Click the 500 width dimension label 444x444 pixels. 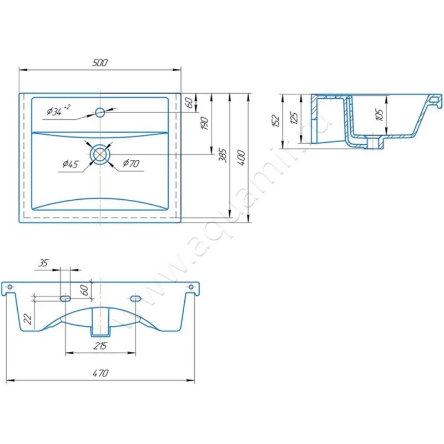pos(100,63)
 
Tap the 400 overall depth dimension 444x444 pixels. pos(241,158)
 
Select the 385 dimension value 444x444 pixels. pos(223,155)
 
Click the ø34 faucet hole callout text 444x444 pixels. pos(59,110)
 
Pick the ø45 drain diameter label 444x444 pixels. pos(70,164)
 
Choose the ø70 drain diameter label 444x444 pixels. pos(131,163)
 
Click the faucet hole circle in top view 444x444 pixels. pos(100,113)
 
